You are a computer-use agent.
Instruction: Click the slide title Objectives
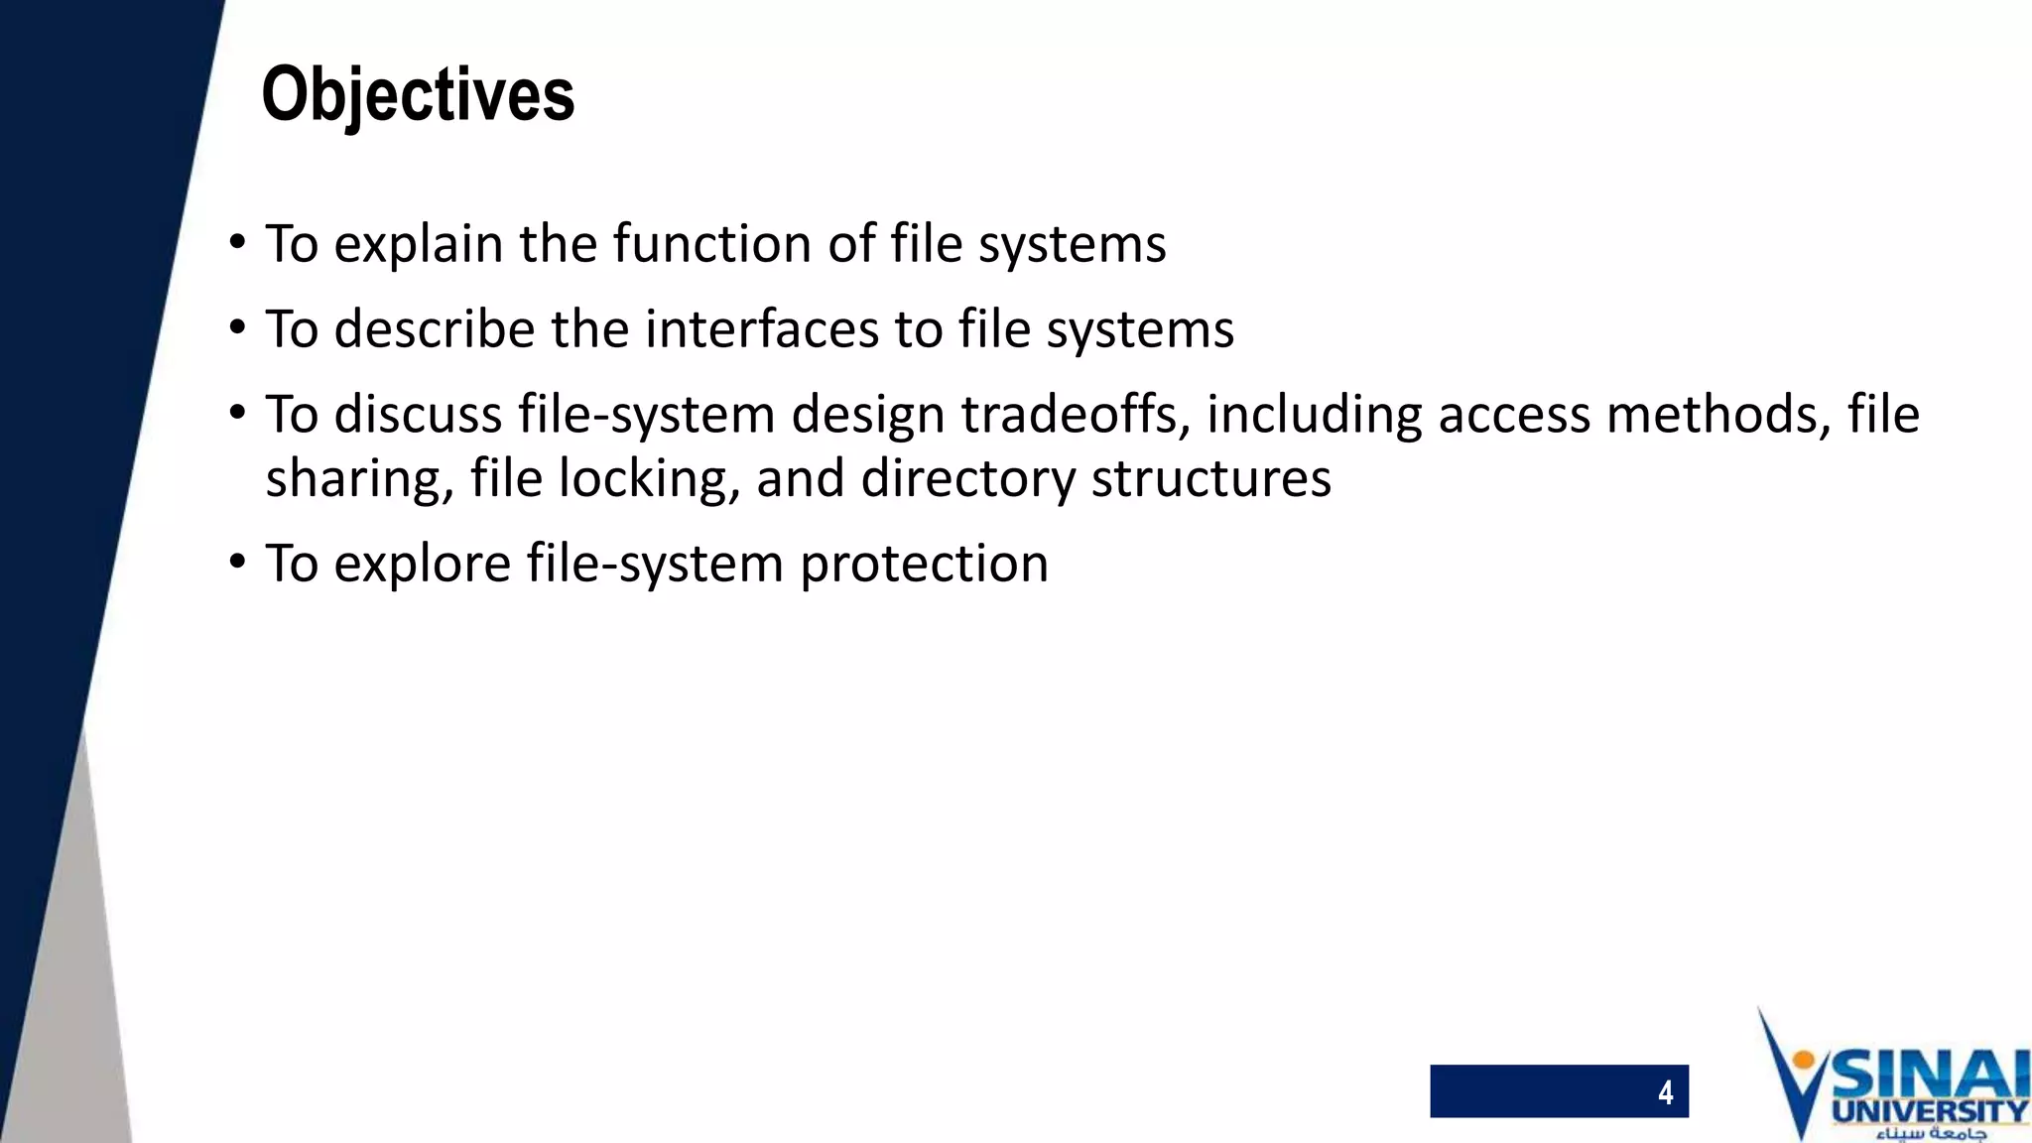418,94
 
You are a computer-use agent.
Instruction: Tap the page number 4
1665,1092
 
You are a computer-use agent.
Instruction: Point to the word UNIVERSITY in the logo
1930,1111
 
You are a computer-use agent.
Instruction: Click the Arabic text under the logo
1931,1133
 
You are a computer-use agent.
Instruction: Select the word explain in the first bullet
418,244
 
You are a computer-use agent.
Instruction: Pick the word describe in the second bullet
434,329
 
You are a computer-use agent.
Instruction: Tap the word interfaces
761,329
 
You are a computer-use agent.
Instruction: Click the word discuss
418,415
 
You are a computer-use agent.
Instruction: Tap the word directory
967,479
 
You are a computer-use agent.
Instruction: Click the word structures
1210,479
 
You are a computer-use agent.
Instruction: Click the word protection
924,565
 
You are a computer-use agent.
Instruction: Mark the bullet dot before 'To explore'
236,563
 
